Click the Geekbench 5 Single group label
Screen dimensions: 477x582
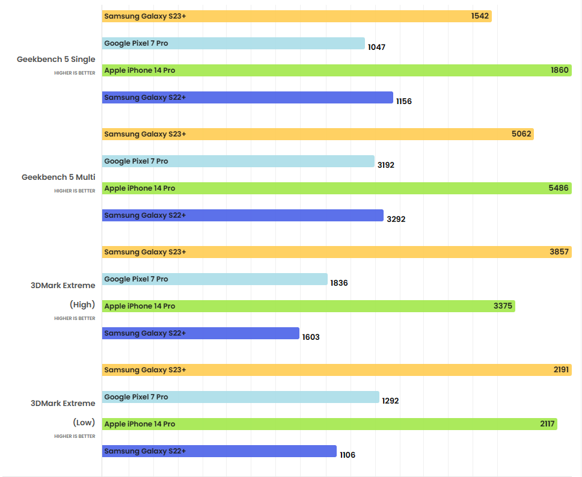56,59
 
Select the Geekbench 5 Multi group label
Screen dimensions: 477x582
58,177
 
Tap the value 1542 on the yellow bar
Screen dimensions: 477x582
480,16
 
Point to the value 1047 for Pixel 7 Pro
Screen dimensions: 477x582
376,47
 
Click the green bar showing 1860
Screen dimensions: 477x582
337,70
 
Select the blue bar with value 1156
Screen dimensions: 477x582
247,97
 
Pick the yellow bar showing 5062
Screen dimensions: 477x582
317,134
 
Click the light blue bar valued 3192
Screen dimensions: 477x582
238,161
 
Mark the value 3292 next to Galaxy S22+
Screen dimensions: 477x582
396,220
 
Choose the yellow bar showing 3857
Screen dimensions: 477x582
337,252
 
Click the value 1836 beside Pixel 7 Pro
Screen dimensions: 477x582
338,283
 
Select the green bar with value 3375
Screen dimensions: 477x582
308,306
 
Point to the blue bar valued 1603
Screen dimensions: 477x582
200,333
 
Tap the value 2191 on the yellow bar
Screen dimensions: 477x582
562,370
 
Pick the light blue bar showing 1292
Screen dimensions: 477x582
240,397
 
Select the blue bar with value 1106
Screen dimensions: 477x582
219,451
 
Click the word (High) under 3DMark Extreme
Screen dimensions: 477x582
82,304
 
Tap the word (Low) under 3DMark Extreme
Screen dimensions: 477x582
84,422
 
